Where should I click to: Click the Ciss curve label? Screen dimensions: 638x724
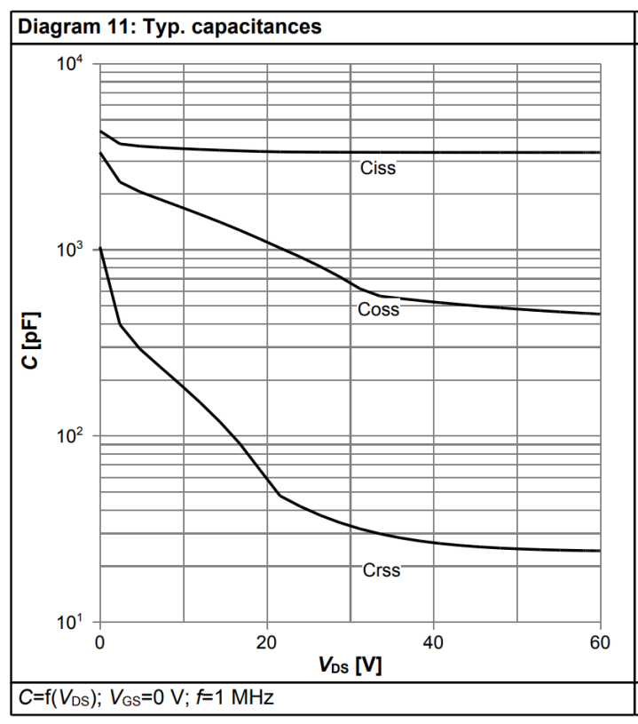pos(378,168)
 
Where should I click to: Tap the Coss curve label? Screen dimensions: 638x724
pos(378,309)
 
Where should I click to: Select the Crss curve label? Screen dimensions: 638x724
pos(382,570)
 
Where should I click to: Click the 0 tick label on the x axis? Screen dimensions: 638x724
pos(99,642)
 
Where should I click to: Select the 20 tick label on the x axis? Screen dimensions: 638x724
pos(266,642)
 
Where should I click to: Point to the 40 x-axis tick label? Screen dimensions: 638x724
pos(433,642)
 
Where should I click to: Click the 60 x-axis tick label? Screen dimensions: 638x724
pos(600,642)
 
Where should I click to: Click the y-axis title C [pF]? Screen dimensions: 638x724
pos(31,341)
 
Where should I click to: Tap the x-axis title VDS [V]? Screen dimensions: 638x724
pos(351,665)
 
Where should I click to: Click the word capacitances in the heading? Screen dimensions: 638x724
pos(256,27)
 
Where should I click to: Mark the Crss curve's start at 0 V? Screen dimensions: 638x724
pos(100,249)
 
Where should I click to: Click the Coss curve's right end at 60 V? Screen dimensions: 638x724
pos(600,314)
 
